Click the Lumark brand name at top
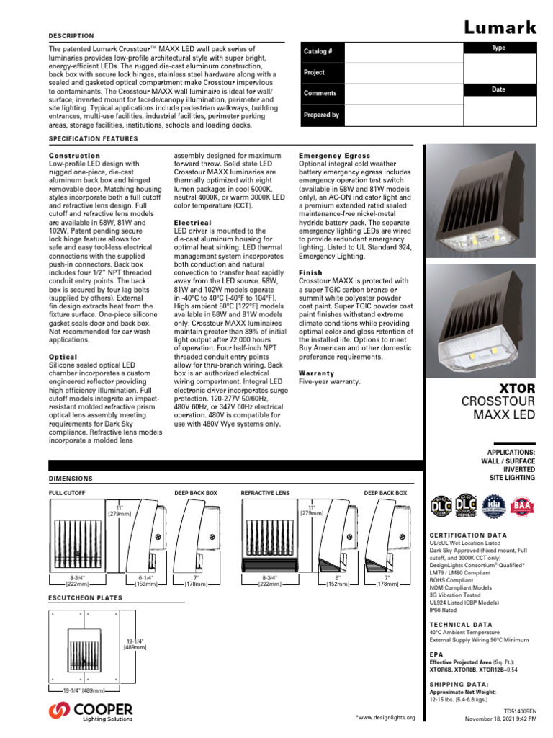pos(499,28)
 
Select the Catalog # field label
pos(318,52)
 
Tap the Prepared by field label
pos(321,115)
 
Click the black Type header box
pos(498,48)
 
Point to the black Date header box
pos(498,89)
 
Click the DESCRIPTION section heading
pos(71,35)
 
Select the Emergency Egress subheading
pos(334,156)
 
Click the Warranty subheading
pos(317,373)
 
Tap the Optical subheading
pos(63,357)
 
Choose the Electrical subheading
pos(193,223)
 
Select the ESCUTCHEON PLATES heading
pos(85,597)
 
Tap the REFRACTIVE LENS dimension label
pos(265,492)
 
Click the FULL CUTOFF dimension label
pos(67,492)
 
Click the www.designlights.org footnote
pos(386,718)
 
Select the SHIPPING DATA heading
pos(459,683)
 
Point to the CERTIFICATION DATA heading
pos(468,535)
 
